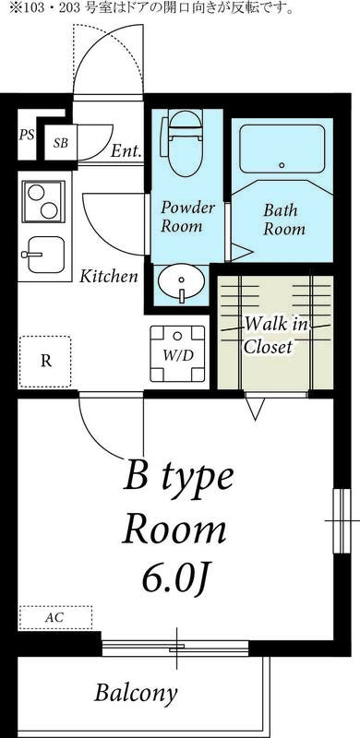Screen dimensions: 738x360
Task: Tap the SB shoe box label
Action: pos(61,143)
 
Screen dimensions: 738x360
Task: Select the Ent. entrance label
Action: pos(126,150)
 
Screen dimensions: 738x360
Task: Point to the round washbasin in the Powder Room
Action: pos(181,280)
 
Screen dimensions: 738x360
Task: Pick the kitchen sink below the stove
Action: pos(41,250)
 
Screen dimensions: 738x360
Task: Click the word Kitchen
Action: pos(108,276)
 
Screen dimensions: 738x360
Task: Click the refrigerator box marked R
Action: pos(45,361)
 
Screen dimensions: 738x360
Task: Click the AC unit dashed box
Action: pos(55,616)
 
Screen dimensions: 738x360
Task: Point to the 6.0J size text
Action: pos(177,577)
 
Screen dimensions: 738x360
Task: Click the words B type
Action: pos(178,479)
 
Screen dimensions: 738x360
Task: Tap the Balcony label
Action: pos(136,693)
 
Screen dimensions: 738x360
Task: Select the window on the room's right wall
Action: pos(339,521)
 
